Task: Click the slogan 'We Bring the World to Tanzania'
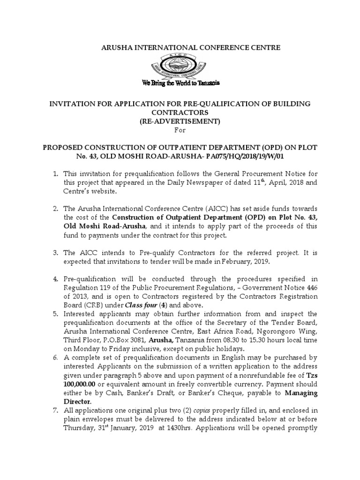coord(181,83)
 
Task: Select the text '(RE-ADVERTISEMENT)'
coord(180,121)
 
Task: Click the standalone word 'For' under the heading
coord(180,130)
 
